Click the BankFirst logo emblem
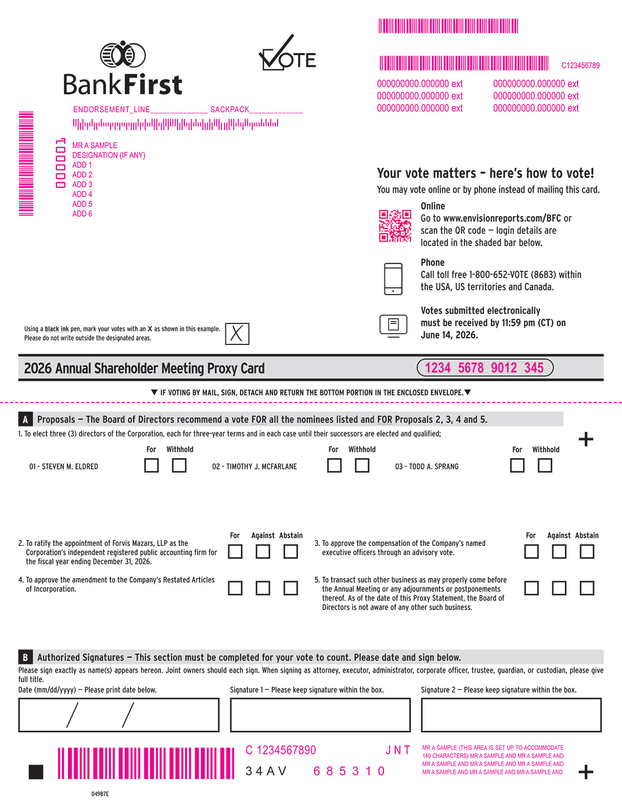coord(122,55)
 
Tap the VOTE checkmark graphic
coord(287,53)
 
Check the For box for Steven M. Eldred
coord(152,465)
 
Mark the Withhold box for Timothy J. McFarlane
coord(362,465)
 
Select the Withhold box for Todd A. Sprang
coord(545,465)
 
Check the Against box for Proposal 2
coord(262,552)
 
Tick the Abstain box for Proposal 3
coord(587,552)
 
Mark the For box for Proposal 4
coord(235,588)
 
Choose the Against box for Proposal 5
coord(559,588)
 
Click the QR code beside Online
coord(395,226)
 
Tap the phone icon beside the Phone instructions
coord(393,279)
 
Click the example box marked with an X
coord(237,334)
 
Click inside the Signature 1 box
coord(320,715)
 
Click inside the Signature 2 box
coord(511,715)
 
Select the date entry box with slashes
coord(119,715)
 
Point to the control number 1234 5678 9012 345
coord(485,368)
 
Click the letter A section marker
coord(25,420)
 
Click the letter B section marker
coord(25,658)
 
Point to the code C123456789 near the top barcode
coord(581,65)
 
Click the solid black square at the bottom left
coord(36,772)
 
